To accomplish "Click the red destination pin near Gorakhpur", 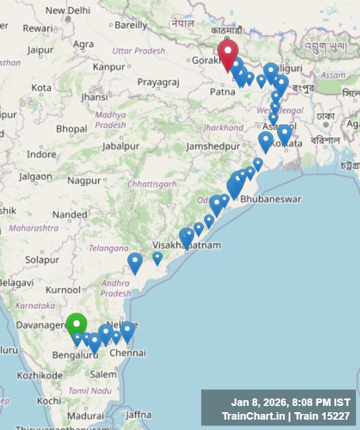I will pos(228,53).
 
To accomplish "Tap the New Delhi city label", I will pos(68,10).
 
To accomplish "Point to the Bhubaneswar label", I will pos(271,199).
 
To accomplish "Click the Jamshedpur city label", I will pos(213,146).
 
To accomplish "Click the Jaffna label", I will pos(138,415).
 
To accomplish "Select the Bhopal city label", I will pos(72,129).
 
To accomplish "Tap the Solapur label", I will pos(42,260).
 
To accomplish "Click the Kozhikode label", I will pos(39,376).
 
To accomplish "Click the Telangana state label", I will pos(108,248).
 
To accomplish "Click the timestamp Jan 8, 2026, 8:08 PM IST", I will pos(290,402).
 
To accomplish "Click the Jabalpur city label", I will pos(120,146).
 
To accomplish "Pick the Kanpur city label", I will pos(108,67).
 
